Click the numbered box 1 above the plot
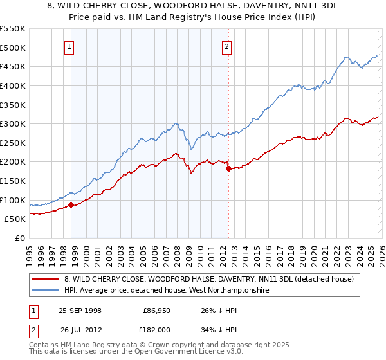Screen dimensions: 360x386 (x=69, y=46)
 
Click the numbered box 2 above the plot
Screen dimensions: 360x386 (x=227, y=46)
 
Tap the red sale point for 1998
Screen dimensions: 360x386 (x=71, y=205)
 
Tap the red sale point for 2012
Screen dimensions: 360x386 (x=228, y=169)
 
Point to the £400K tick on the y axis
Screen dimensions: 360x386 (x=13, y=85)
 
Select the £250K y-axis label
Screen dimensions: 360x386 (x=13, y=143)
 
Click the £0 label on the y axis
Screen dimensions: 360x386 (x=20, y=238)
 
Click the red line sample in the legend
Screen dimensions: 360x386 (x=46, y=279)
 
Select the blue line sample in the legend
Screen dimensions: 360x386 (x=46, y=291)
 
